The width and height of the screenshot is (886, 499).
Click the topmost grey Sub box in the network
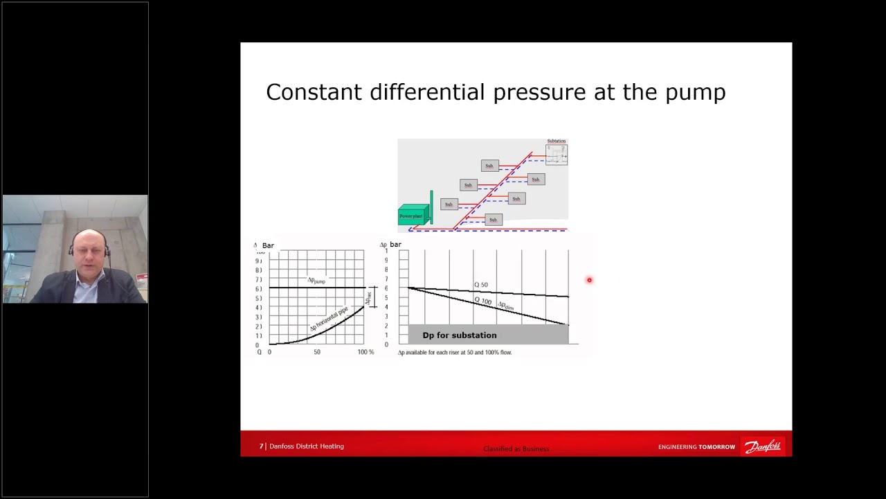click(x=489, y=166)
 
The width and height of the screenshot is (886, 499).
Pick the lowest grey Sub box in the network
click(x=493, y=220)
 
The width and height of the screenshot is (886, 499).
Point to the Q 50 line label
click(x=481, y=285)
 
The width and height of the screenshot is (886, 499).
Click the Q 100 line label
click(x=482, y=301)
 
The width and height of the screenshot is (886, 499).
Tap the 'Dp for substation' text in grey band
click(x=460, y=335)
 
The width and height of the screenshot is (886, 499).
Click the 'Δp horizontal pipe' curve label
click(x=329, y=318)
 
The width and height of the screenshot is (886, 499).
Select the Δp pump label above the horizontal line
click(x=316, y=281)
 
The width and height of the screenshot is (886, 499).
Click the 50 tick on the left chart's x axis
click(x=317, y=352)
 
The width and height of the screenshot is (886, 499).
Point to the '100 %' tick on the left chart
click(x=365, y=352)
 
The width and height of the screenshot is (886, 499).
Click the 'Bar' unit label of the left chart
click(x=268, y=245)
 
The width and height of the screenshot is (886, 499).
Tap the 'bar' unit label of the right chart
click(x=395, y=245)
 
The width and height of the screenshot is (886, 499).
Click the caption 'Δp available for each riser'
click(x=454, y=353)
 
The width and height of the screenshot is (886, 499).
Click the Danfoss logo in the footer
click(x=763, y=446)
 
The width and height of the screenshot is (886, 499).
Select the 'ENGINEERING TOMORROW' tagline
click(x=696, y=447)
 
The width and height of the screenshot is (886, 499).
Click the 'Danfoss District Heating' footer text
click(x=306, y=446)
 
